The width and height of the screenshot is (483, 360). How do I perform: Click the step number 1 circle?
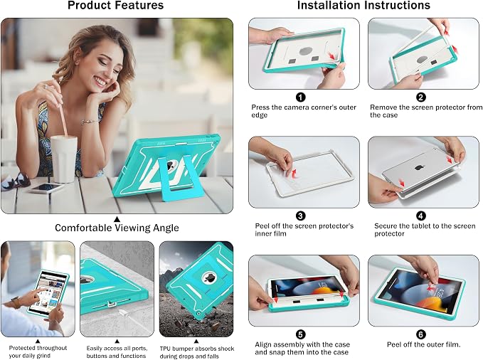301,97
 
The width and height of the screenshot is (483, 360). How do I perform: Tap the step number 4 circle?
421,216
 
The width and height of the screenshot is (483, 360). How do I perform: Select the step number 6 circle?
421,334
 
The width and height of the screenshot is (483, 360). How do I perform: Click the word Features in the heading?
138,5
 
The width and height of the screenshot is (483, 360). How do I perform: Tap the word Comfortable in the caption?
84,228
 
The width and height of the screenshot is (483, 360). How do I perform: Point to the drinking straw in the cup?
60,110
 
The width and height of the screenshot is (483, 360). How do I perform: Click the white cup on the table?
64,159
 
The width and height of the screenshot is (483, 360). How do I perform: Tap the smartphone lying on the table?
46,188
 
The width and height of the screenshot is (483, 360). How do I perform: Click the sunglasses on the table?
16,182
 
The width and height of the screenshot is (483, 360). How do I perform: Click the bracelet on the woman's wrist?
90,122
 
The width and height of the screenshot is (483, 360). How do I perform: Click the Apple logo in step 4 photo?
418,167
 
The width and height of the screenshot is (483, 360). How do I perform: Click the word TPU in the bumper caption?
166,349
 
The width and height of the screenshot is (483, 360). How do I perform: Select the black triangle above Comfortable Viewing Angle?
117,219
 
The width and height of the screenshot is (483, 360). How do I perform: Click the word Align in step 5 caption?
263,344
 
